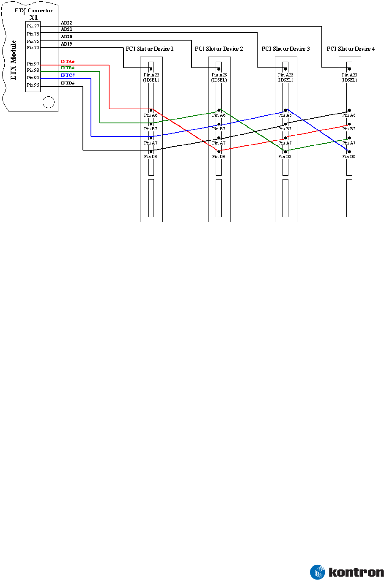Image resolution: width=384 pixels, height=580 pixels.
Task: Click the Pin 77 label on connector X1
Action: pos(33,26)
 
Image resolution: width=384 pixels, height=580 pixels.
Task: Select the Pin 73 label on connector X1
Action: pos(33,48)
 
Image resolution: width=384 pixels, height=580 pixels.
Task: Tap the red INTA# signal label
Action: pos(67,62)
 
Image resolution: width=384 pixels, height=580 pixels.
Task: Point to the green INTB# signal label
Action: pos(67,68)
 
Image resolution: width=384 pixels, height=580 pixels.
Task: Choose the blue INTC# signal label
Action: pos(68,75)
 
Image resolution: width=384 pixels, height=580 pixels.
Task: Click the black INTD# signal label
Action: pos(68,83)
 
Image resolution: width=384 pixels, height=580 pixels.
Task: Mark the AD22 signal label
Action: pos(66,23)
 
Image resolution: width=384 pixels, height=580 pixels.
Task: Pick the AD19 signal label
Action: pos(66,44)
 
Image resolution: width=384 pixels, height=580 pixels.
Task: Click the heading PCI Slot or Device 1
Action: pos(150,49)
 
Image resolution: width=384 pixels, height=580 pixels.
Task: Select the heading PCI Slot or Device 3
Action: pos(285,49)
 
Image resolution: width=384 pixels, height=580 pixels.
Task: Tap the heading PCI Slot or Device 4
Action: pos(351,49)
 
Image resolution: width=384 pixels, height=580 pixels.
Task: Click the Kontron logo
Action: pos(347,572)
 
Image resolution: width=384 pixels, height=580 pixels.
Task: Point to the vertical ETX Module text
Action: pos(14,60)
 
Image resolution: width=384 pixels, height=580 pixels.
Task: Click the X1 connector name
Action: pos(33,18)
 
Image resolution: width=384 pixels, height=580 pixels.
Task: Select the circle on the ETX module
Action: pos(49,102)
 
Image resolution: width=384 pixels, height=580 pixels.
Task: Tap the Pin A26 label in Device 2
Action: pos(219,75)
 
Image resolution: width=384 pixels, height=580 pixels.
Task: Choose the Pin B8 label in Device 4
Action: pos(349,157)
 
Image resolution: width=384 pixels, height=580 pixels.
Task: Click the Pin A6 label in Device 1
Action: pos(151,115)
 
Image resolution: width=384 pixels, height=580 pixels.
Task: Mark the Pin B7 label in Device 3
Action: pos(285,129)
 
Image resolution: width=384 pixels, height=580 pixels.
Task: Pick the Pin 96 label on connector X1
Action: pos(33,85)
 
